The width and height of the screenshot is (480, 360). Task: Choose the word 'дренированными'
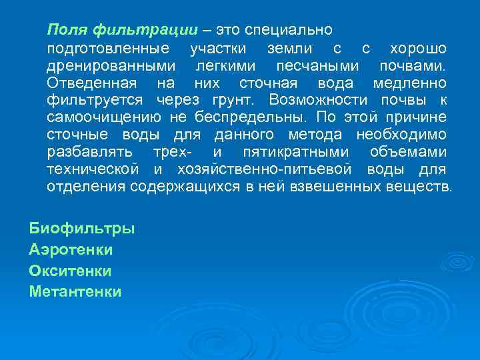coord(112,67)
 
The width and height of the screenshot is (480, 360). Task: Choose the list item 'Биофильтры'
coord(82,229)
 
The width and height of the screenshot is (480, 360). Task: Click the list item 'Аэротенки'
coord(71,250)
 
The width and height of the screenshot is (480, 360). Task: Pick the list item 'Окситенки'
coord(70,271)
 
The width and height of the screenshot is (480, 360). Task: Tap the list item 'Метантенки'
coord(75,291)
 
